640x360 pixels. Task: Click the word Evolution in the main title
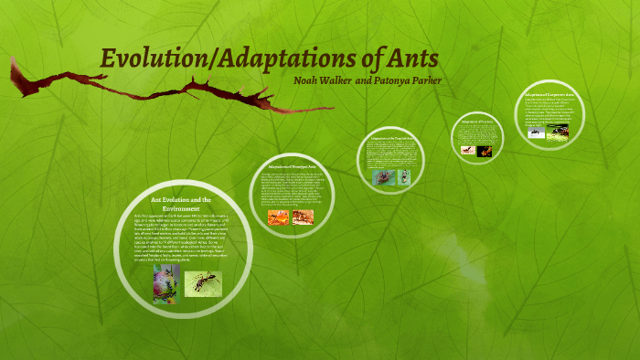(x=151, y=58)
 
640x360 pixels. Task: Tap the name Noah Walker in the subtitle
(x=321, y=80)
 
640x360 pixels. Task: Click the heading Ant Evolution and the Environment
(x=181, y=204)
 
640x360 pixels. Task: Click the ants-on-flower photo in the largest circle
(x=165, y=283)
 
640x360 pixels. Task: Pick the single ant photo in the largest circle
(x=203, y=283)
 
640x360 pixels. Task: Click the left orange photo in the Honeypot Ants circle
(x=278, y=217)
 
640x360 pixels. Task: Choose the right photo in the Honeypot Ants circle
(x=303, y=217)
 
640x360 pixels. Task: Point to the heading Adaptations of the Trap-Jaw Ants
(x=390, y=138)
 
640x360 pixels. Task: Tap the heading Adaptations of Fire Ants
(x=478, y=122)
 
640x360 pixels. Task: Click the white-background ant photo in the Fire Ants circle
(x=468, y=148)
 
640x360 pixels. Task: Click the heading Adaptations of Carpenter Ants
(x=549, y=94)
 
